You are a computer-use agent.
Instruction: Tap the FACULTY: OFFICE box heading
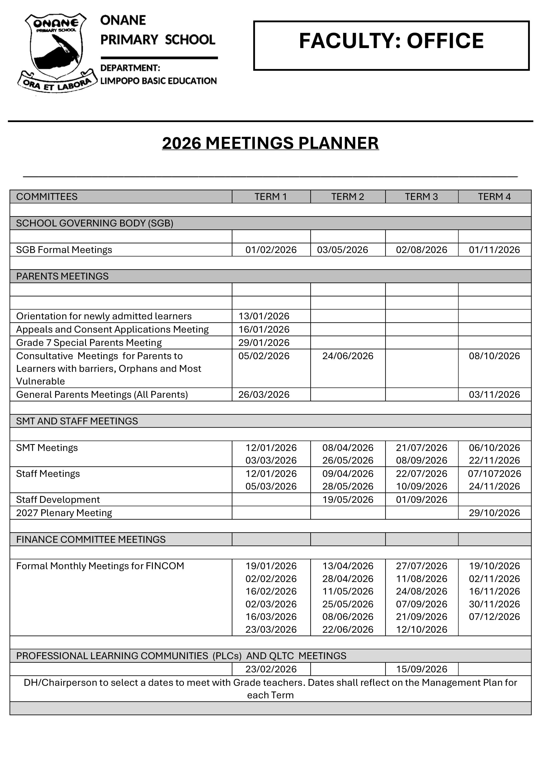[391, 41]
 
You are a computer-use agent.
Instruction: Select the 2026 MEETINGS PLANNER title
[270, 143]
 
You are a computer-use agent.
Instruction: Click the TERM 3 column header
[421, 197]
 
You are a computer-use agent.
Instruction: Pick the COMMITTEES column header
[47, 197]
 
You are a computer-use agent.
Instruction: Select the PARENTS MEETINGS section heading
[62, 276]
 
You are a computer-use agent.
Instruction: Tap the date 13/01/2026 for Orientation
[264, 316]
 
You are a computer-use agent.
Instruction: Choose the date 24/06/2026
[348, 356]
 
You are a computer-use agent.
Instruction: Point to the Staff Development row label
[58, 500]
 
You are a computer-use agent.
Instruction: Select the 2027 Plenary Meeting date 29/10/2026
[494, 513]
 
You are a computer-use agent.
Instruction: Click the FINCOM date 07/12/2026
[494, 617]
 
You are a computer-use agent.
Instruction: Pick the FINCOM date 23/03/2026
[271, 630]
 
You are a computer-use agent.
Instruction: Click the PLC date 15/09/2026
[422, 669]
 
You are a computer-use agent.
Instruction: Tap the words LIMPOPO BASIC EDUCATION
[159, 81]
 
